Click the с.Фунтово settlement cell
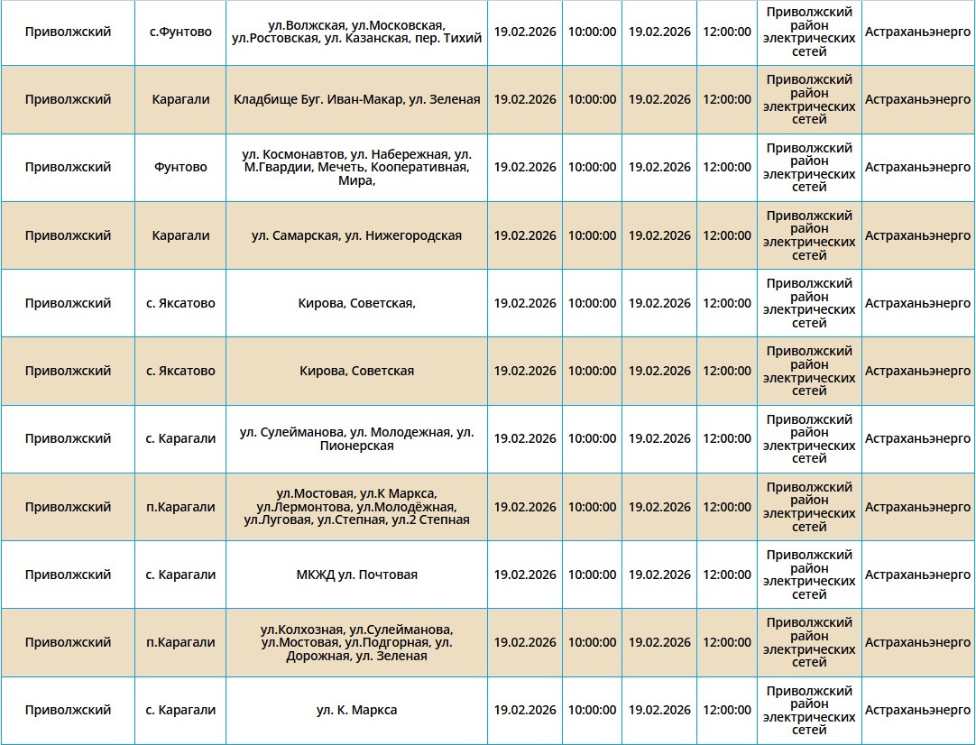coord(180,32)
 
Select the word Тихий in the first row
coord(465,38)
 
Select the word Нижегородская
coord(414,235)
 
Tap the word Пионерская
coord(356,446)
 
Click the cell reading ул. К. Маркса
coord(356,710)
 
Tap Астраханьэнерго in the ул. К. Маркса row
coord(917,710)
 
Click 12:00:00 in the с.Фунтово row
coord(727,32)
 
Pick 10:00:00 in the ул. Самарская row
coord(592,235)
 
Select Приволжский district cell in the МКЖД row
coord(68,575)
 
